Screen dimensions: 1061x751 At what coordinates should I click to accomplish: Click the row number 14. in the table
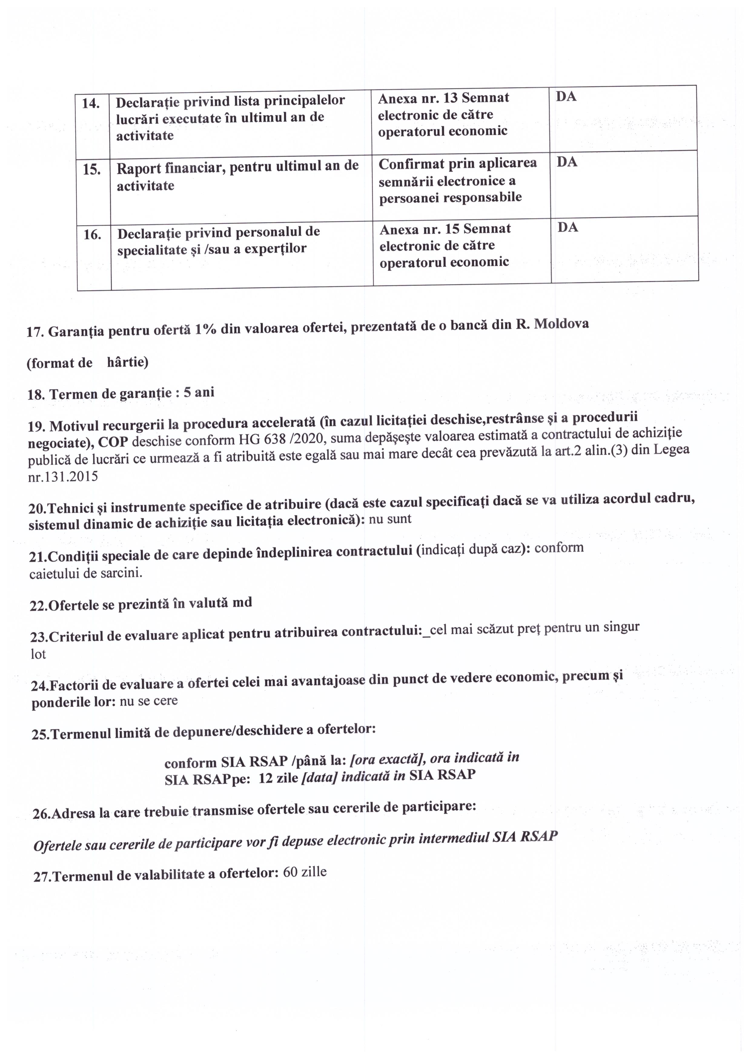tap(91, 103)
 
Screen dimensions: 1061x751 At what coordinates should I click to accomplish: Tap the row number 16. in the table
tap(92, 235)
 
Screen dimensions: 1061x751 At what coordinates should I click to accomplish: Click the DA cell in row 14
tap(566, 97)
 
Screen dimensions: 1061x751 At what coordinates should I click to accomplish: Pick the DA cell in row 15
tap(567, 162)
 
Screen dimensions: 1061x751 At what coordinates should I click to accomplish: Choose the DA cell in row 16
tap(568, 228)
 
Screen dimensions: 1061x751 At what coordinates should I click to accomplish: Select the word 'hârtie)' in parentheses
tap(127, 362)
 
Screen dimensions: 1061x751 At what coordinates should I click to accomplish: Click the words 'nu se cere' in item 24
tap(148, 701)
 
